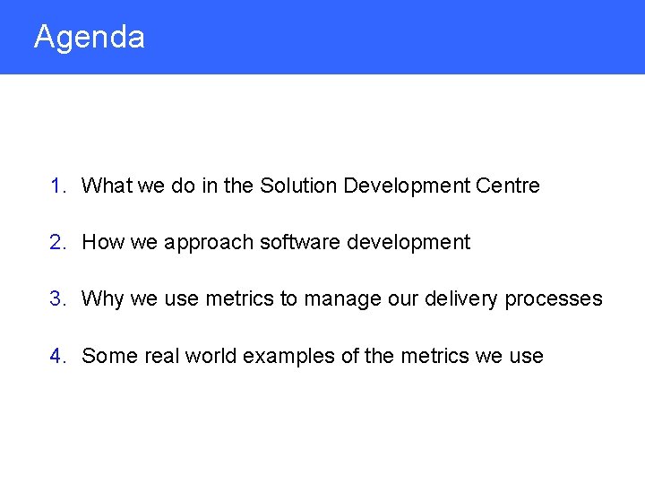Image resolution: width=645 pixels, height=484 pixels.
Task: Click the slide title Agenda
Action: pyautogui.click(x=89, y=38)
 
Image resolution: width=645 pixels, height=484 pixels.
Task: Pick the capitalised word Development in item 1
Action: pyautogui.click(x=407, y=186)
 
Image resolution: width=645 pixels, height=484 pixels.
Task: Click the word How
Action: pyautogui.click(x=101, y=242)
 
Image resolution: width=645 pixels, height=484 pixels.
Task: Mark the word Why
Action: pyautogui.click(x=102, y=299)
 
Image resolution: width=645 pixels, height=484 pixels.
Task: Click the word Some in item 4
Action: pyautogui.click(x=105, y=356)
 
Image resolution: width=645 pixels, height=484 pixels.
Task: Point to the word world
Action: pyautogui.click(x=211, y=356)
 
